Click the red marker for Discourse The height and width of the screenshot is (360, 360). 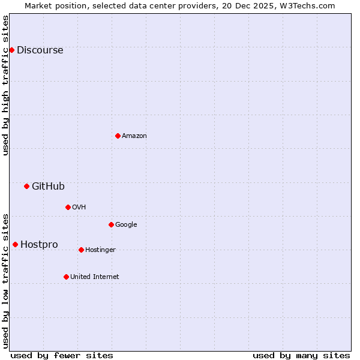11,50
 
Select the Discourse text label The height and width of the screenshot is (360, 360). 40,50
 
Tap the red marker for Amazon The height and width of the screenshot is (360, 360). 118,136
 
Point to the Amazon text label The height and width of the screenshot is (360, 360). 134,136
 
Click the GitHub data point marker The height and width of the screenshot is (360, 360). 26,186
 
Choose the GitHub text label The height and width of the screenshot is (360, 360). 48,187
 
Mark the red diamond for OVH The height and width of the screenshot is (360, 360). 68,207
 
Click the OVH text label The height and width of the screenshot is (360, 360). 79,208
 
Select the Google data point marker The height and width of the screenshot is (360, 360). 111,224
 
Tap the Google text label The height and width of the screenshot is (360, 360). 126,225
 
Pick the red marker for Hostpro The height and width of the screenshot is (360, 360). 15,244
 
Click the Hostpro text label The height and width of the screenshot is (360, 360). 39,245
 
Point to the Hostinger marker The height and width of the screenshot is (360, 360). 81,250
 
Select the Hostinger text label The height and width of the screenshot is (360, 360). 100,250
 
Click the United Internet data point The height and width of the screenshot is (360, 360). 66,277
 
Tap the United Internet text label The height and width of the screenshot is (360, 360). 94,277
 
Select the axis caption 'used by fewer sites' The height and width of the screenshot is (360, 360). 62,355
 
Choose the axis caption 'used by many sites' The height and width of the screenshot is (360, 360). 301,355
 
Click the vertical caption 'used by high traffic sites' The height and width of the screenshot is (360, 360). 6,85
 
